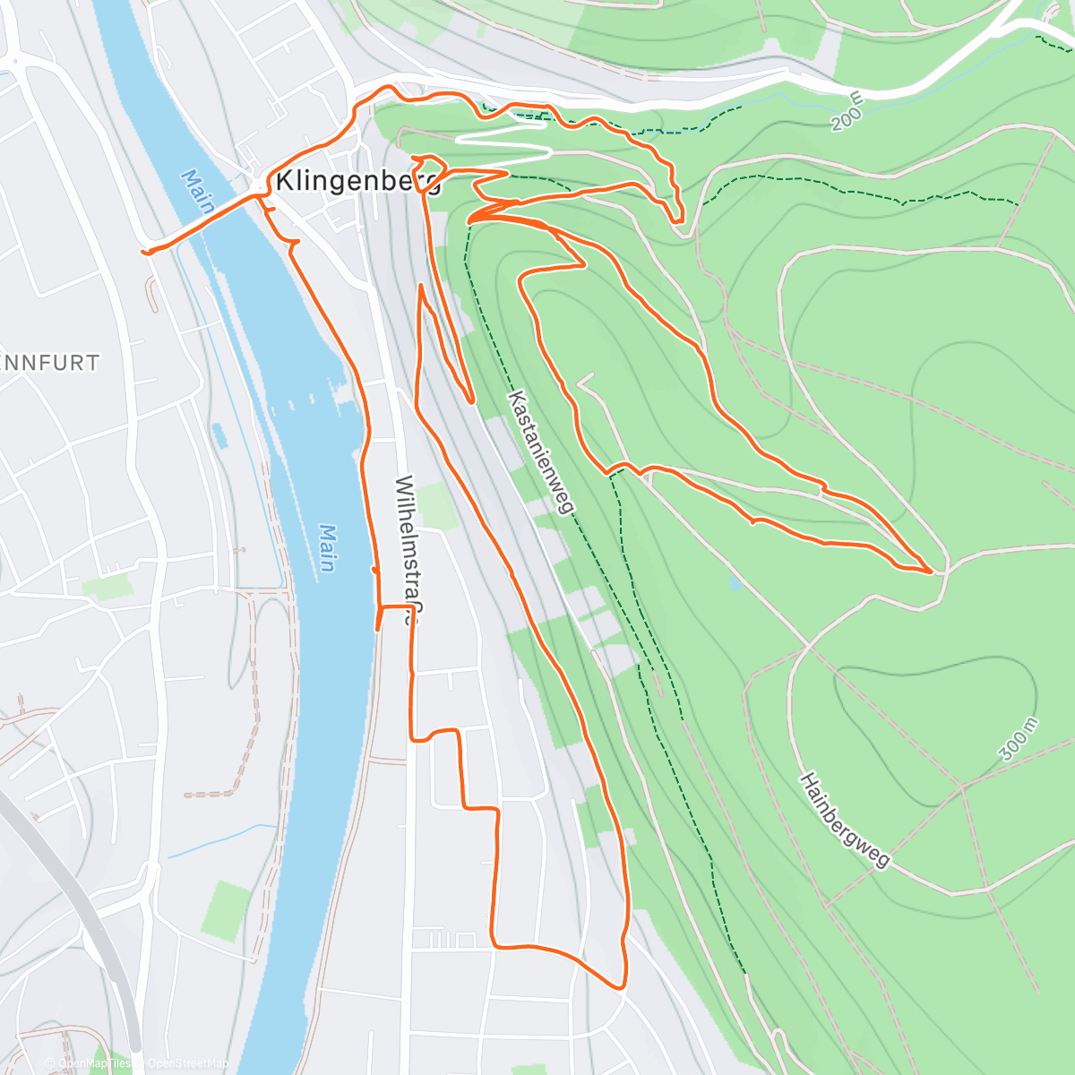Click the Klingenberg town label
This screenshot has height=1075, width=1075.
tap(358, 181)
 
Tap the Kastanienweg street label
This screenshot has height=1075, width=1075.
tap(540, 451)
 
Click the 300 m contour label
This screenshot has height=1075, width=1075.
tap(1018, 739)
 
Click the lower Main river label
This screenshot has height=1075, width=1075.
tap(327, 548)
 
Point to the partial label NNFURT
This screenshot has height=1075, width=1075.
tap(50, 363)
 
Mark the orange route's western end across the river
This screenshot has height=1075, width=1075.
tap(144, 253)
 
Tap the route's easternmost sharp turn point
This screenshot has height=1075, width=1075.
tap(931, 570)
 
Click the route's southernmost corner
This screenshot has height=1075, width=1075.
tap(621, 986)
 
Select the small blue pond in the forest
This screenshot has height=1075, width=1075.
tap(735, 583)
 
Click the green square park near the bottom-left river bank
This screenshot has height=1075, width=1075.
tap(225, 909)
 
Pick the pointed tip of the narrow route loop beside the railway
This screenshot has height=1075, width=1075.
tap(470, 400)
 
